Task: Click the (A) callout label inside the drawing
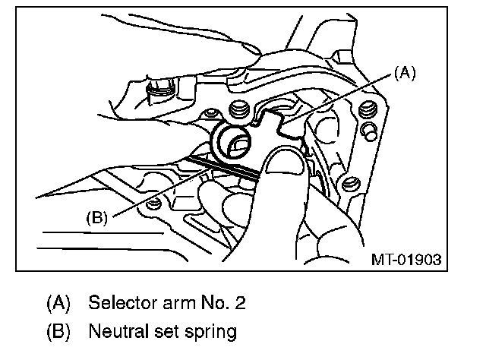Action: coord(405,73)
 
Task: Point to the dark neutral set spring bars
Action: coord(228,168)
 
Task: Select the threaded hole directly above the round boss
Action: coord(240,112)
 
